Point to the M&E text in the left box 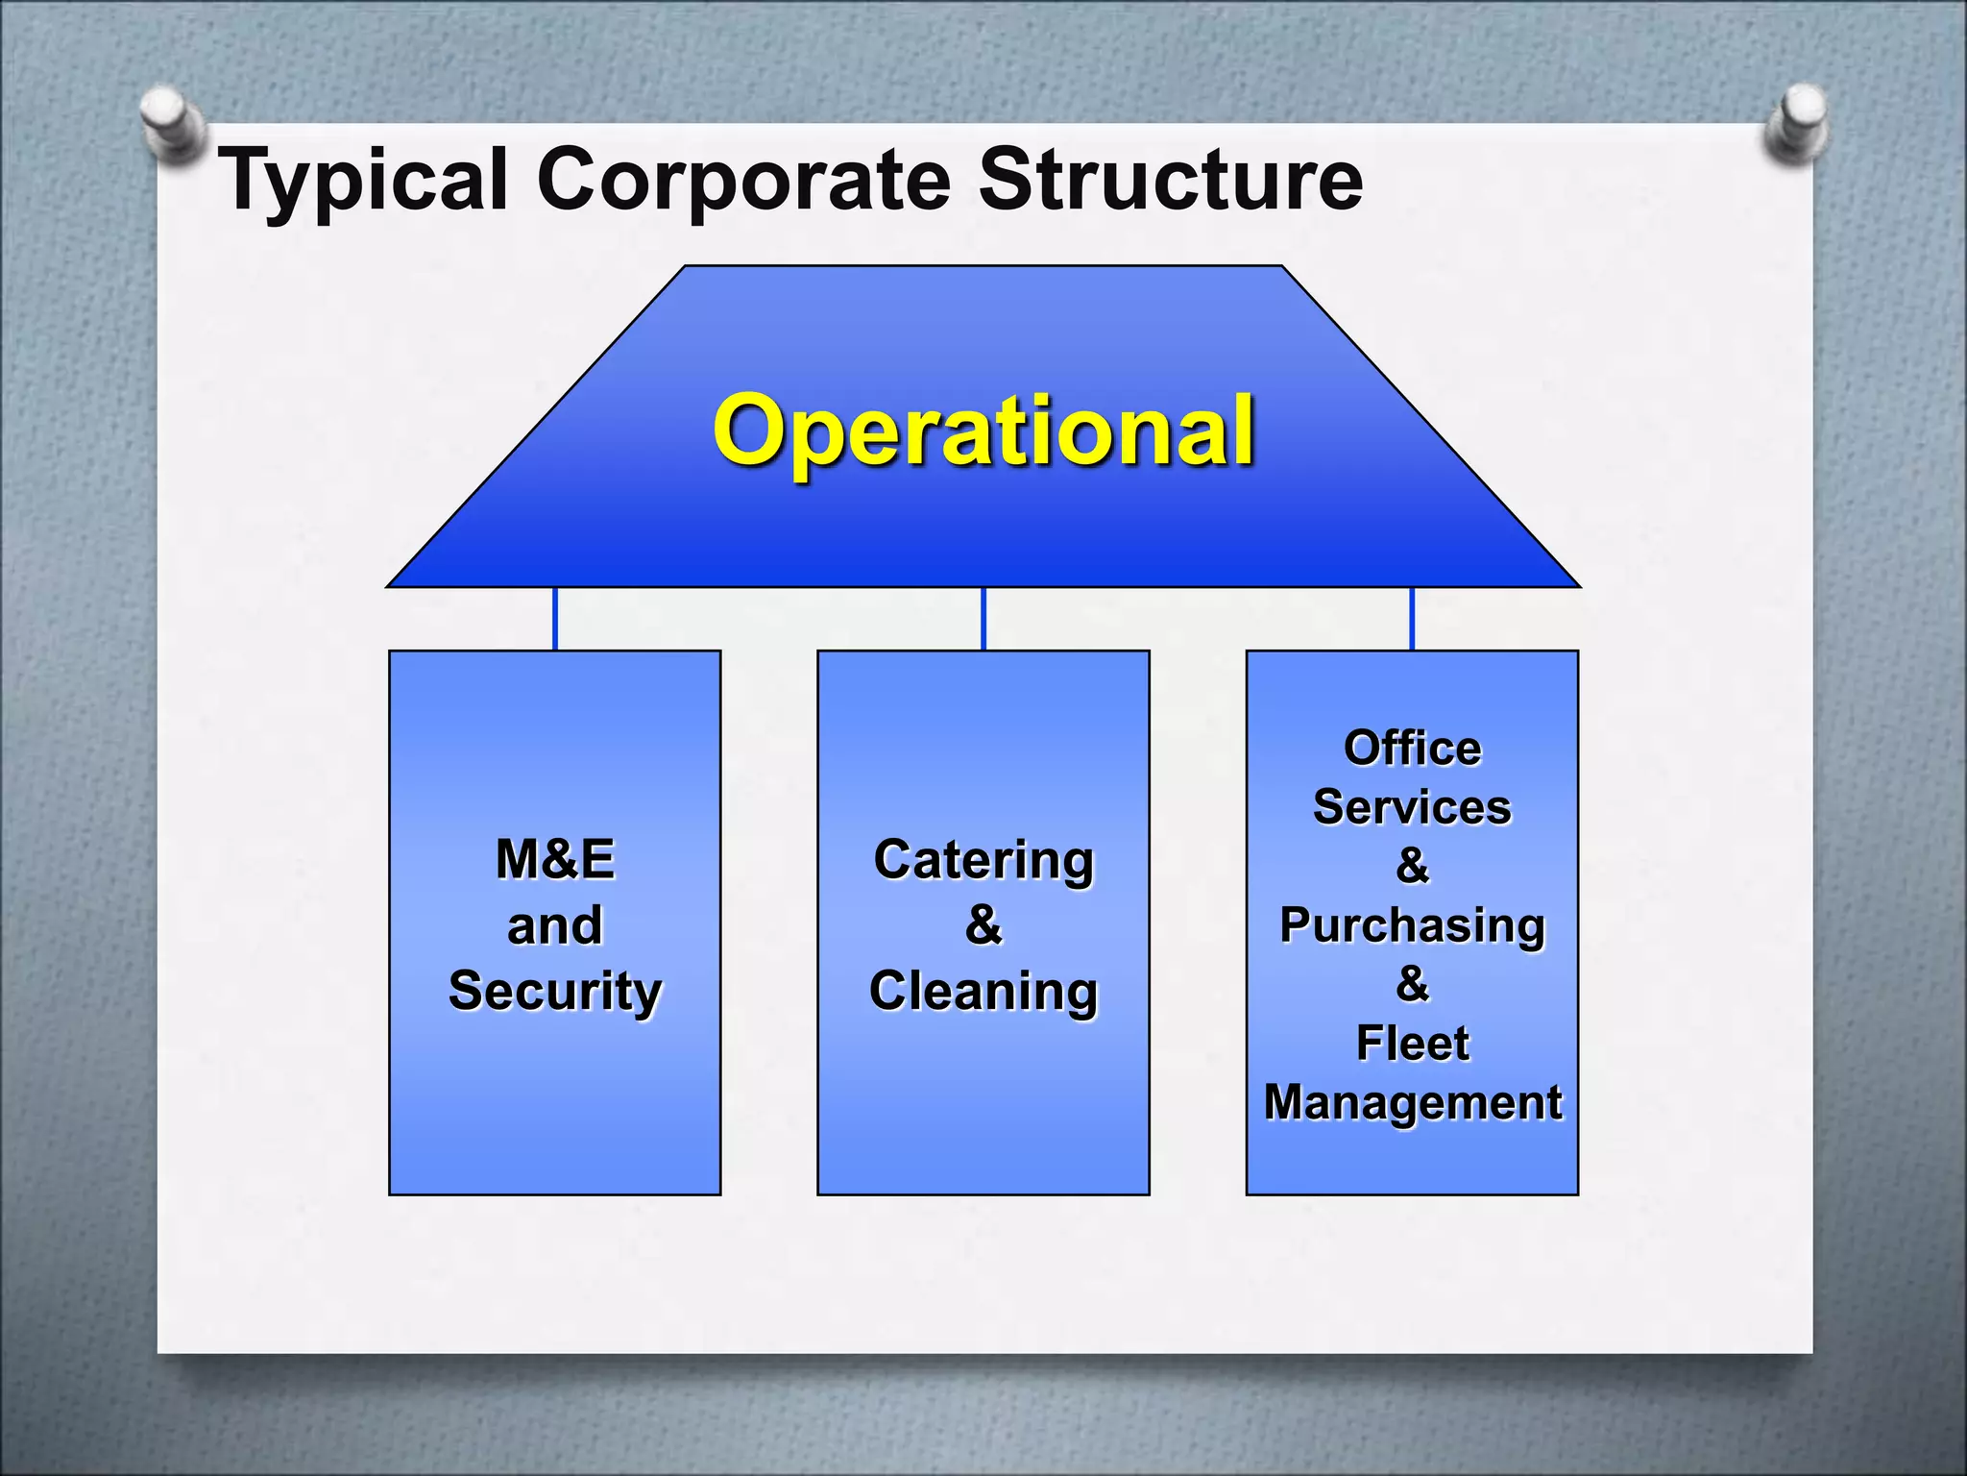pyautogui.click(x=555, y=859)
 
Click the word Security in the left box pyautogui.click(x=555, y=991)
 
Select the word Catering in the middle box pyautogui.click(x=983, y=859)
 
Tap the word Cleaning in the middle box pyautogui.click(x=983, y=991)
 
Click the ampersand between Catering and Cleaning pyautogui.click(x=983, y=924)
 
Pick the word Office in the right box pyautogui.click(x=1412, y=748)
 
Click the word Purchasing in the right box pyautogui.click(x=1412, y=925)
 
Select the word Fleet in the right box pyautogui.click(x=1412, y=1043)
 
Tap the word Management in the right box pyautogui.click(x=1412, y=1102)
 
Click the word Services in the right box pyautogui.click(x=1412, y=807)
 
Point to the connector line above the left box pyautogui.click(x=555, y=619)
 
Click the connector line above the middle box pyautogui.click(x=983, y=619)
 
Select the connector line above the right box pyautogui.click(x=1412, y=619)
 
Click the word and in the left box pyautogui.click(x=555, y=925)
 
